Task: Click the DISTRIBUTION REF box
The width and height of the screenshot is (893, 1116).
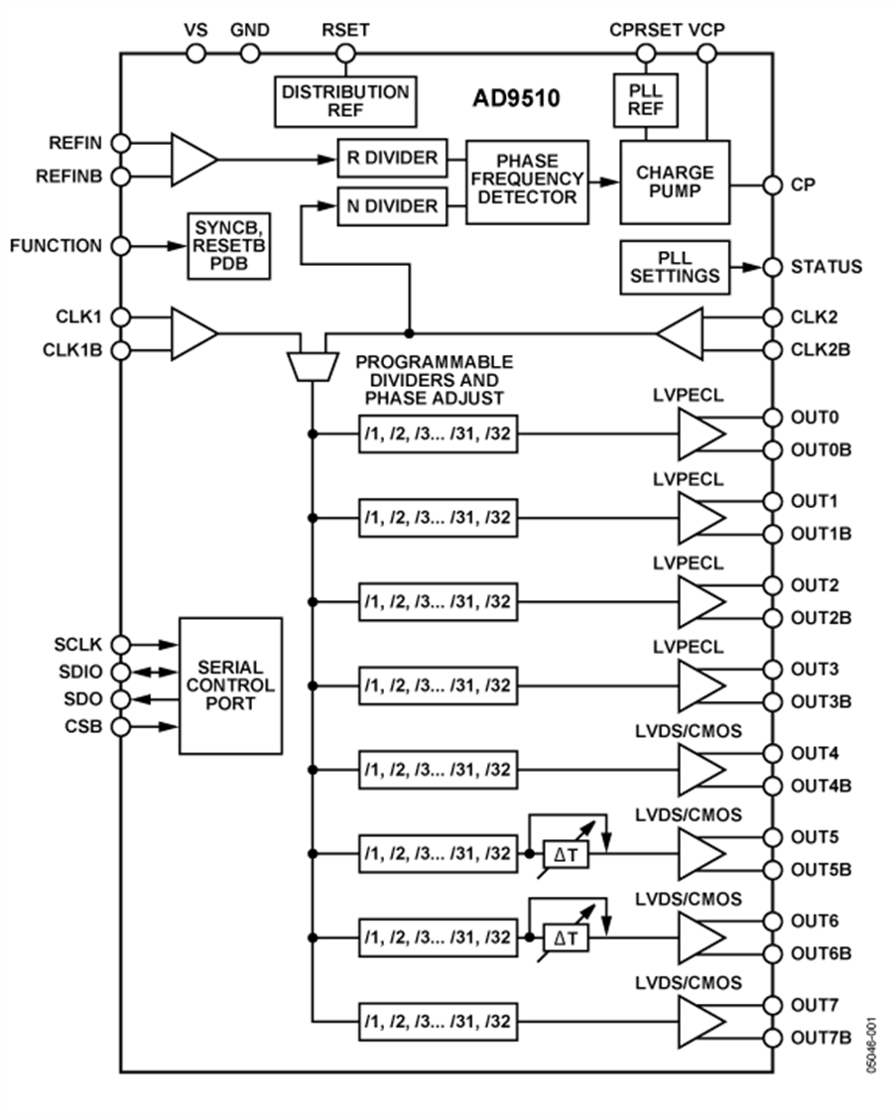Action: (344, 100)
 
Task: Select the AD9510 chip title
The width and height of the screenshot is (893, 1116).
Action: (516, 100)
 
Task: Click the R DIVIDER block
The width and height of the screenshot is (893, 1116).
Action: (392, 159)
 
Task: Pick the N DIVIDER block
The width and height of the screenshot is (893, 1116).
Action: (392, 206)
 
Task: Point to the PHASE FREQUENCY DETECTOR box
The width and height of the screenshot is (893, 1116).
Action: (527, 182)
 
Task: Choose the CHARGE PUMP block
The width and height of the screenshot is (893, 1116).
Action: (675, 182)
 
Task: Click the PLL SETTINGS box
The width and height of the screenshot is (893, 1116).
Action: (675, 267)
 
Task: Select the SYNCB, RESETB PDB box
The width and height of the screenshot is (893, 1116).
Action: (230, 246)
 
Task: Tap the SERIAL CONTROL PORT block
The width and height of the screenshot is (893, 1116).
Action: (230, 685)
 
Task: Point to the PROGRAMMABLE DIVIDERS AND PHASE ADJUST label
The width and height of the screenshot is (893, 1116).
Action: (435, 380)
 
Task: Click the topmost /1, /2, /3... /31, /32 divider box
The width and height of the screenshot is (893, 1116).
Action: (438, 434)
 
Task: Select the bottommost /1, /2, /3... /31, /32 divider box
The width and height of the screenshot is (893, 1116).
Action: (438, 1021)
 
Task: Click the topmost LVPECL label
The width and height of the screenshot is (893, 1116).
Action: (688, 396)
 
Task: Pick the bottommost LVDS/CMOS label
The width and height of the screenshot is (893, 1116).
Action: (688, 983)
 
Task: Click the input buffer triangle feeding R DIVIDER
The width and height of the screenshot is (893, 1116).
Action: (192, 159)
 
